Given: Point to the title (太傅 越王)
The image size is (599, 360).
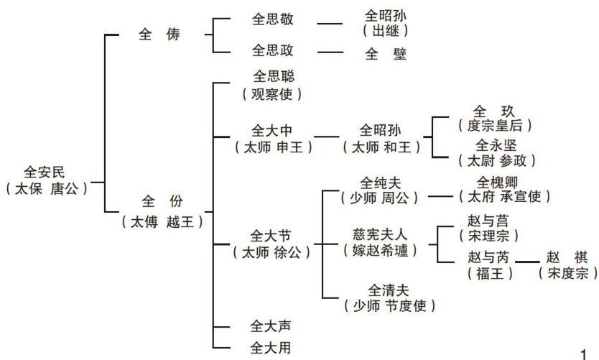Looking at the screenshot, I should point(161,221).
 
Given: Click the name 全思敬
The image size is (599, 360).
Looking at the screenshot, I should point(273,19).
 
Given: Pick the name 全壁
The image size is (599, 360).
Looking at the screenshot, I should point(386,53).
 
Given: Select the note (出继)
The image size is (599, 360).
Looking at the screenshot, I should point(386,31).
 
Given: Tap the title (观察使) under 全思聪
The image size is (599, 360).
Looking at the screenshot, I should point(273,93).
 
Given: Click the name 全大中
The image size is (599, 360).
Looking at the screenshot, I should point(273,131).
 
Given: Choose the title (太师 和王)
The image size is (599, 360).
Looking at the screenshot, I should point(381,147).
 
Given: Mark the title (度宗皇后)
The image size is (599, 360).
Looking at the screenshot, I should point(495,126).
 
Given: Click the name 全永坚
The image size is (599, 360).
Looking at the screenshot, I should point(495,144).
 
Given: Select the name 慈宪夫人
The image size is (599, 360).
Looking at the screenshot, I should point(380,234).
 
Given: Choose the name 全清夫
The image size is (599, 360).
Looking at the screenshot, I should point(389,290).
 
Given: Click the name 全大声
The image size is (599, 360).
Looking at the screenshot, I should point(270,327).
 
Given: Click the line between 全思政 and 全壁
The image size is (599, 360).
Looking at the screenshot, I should point(330,52).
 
